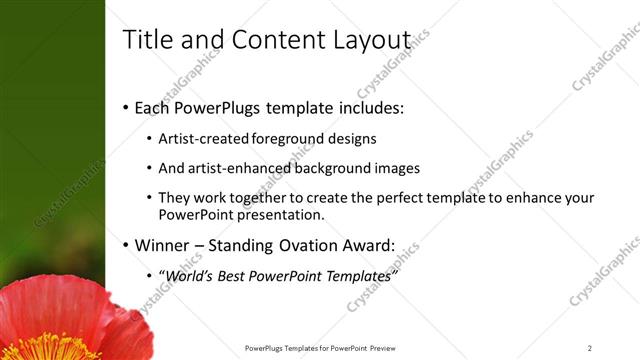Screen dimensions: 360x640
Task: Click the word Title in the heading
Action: coord(145,39)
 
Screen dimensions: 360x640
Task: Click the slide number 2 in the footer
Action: coord(589,348)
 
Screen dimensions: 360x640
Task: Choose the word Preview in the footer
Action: coord(382,348)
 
